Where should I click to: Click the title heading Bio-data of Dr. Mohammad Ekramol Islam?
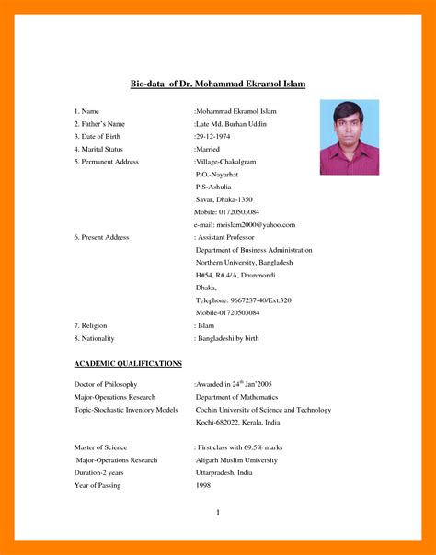pyautogui.click(x=217, y=85)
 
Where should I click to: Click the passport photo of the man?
pyautogui.click(x=349, y=138)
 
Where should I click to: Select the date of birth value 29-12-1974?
pyautogui.click(x=213, y=136)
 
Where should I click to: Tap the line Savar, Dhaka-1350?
pyautogui.click(x=224, y=199)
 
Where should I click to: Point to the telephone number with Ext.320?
pyautogui.click(x=244, y=300)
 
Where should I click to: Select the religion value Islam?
pyautogui.click(x=206, y=325)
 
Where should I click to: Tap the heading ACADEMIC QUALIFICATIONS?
pyautogui.click(x=128, y=363)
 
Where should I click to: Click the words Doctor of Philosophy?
pyautogui.click(x=106, y=384)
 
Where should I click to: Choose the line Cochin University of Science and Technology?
pyautogui.click(x=263, y=410)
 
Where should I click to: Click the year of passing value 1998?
pyautogui.click(x=203, y=483)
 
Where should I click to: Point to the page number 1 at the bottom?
pyautogui.click(x=218, y=512)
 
